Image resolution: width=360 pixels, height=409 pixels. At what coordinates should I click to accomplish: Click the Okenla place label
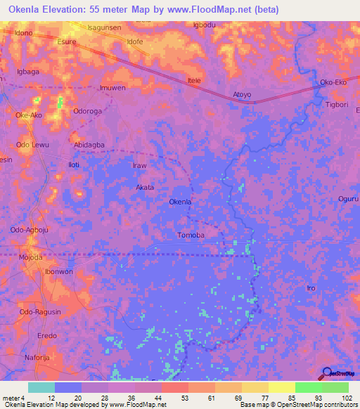pos(181,202)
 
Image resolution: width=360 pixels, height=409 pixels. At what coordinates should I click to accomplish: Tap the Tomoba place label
pos(191,235)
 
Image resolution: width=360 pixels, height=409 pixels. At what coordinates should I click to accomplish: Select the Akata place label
pos(145,188)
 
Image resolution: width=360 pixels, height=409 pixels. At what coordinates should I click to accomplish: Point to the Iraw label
pos(140,166)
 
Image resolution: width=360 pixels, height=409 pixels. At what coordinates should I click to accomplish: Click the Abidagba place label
pos(89,145)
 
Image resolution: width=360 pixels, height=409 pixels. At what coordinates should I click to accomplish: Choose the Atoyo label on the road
pos(242,93)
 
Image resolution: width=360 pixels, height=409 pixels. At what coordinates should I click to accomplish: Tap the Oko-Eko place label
pos(334,82)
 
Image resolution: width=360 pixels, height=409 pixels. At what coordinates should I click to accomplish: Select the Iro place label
pos(311,288)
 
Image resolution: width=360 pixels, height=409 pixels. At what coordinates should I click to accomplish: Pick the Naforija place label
pos(41,358)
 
